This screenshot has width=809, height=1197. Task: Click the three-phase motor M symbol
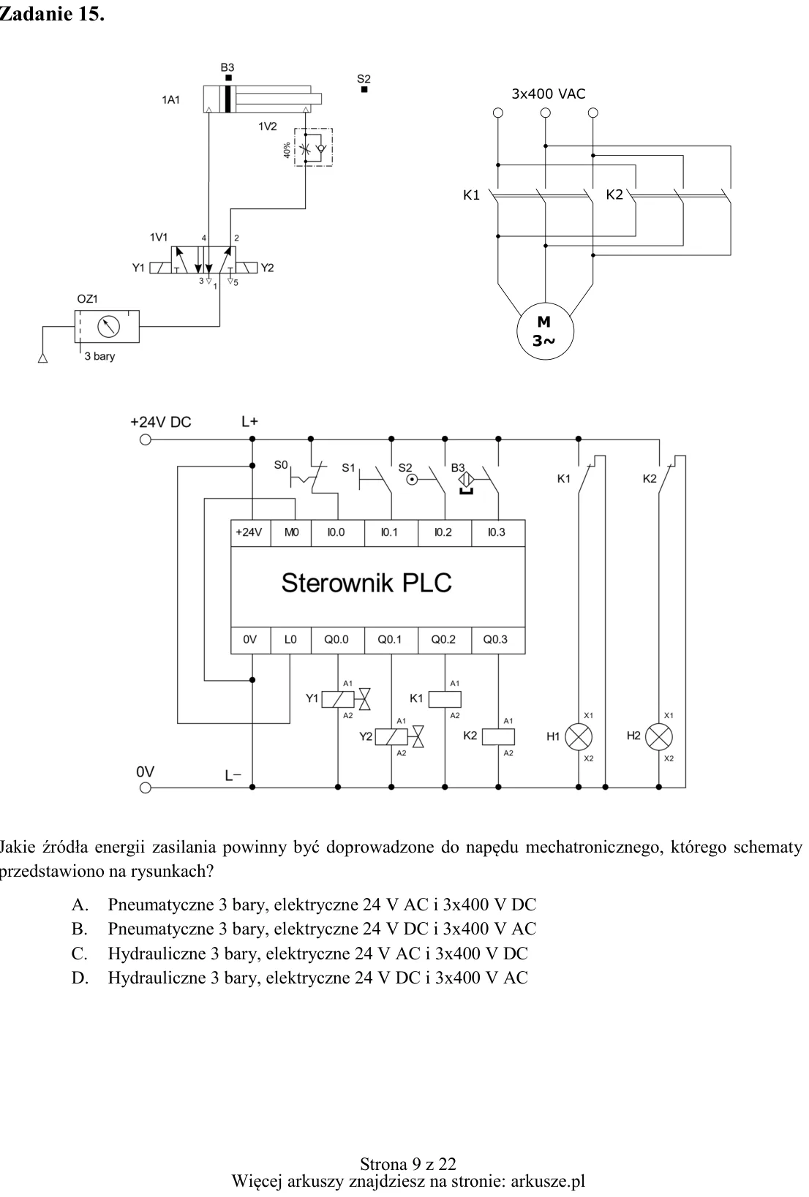[545, 331]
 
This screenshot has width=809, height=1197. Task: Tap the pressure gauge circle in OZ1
[108, 327]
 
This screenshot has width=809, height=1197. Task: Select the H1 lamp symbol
[579, 737]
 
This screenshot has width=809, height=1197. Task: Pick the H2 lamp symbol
[659, 737]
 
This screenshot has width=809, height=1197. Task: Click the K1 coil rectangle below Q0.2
[445, 699]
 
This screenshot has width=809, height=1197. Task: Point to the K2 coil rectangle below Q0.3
[498, 737]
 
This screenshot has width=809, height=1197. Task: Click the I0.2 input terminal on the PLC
[444, 533]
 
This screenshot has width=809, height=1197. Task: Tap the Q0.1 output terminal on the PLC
[391, 640]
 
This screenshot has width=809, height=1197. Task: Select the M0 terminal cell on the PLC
[291, 533]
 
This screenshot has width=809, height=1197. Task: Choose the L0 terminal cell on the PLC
[291, 640]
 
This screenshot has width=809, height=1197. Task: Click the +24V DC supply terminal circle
[146, 439]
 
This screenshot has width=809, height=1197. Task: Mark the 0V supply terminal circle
[146, 788]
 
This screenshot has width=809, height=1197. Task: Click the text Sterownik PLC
[366, 583]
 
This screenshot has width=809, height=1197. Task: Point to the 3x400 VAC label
[549, 94]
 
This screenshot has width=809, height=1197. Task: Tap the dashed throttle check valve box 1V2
[313, 147]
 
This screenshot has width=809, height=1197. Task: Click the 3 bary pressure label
[99, 356]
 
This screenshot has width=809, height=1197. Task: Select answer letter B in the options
[79, 929]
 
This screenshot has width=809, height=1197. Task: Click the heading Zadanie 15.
[52, 14]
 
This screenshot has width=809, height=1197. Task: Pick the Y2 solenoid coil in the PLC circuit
[391, 737]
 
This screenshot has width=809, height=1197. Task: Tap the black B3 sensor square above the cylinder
[229, 78]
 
